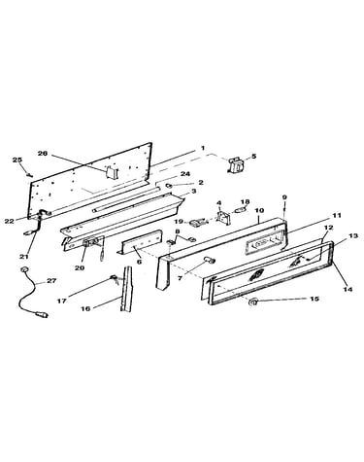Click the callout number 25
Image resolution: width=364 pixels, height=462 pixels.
pos(17,160)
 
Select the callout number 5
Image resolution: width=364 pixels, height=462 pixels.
pos(254,156)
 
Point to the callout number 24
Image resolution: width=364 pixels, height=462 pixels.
pos(185,174)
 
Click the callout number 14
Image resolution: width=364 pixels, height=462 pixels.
pos(347,289)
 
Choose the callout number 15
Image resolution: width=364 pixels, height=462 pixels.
pos(314,299)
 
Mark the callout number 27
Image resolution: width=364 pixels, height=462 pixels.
pos(51,280)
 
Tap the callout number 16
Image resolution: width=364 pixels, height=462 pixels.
pos(85,308)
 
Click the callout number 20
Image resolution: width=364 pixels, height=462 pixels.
pos(80,267)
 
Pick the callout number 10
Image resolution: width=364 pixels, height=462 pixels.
pos(259,210)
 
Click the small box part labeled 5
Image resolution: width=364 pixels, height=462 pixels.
pos(236,166)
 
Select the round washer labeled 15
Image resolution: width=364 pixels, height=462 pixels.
pos(252,302)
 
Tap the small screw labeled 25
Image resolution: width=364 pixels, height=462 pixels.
pos(30,175)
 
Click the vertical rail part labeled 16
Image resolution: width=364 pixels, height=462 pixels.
pos(126,289)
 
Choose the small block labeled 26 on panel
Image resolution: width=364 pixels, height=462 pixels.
pos(110,171)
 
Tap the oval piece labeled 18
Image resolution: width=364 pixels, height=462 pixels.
pos(239,210)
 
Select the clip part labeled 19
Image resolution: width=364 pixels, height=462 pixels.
pos(197,223)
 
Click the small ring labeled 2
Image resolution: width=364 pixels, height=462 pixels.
pos(169,185)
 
